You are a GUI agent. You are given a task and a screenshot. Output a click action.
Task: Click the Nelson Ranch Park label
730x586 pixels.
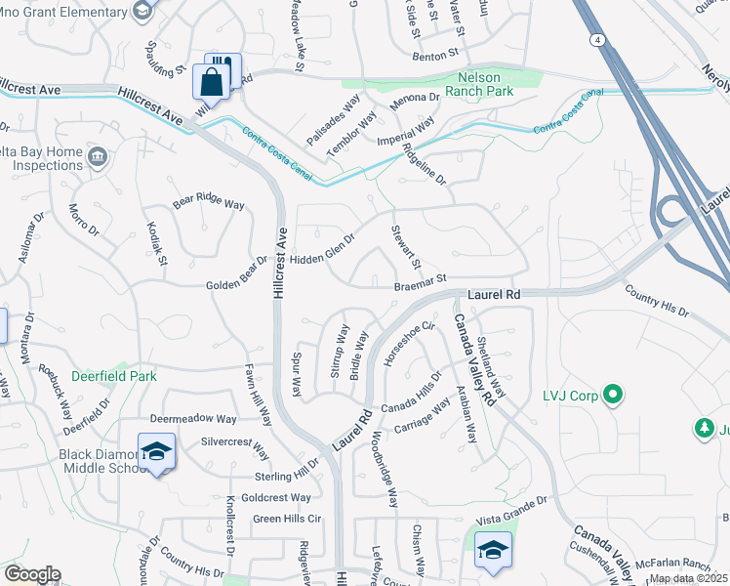point(472,84)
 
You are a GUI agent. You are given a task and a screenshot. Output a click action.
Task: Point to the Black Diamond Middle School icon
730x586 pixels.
point(156,452)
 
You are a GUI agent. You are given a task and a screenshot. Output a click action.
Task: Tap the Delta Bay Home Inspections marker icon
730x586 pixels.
point(97,157)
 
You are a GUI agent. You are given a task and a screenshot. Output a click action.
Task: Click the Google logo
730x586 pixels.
point(32,574)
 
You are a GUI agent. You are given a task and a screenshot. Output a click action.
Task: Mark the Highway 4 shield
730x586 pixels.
point(593,39)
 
